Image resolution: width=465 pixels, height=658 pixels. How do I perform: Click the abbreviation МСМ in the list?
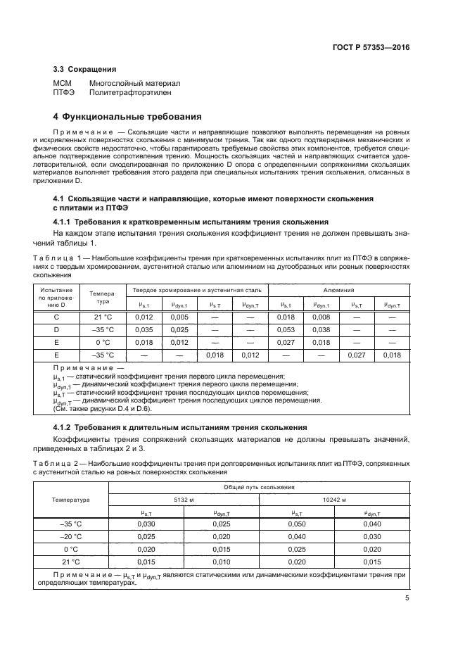63,82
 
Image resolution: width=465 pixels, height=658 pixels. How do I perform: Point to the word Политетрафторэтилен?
129,91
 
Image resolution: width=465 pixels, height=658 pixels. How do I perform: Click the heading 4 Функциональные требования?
128,116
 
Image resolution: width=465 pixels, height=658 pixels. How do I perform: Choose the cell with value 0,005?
179,317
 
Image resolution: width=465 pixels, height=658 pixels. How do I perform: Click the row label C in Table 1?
56,317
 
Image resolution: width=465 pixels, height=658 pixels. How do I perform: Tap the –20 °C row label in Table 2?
70,536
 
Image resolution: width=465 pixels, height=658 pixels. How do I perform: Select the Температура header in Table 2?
70,500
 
